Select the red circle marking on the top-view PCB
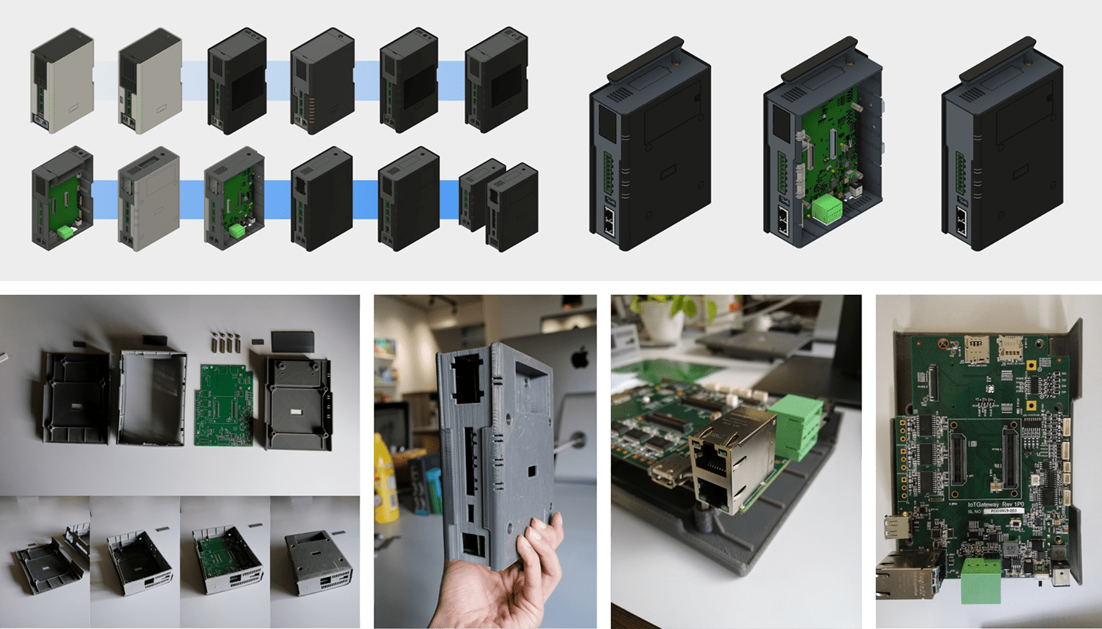[x=941, y=342]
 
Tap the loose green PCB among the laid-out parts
[x=224, y=405]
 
